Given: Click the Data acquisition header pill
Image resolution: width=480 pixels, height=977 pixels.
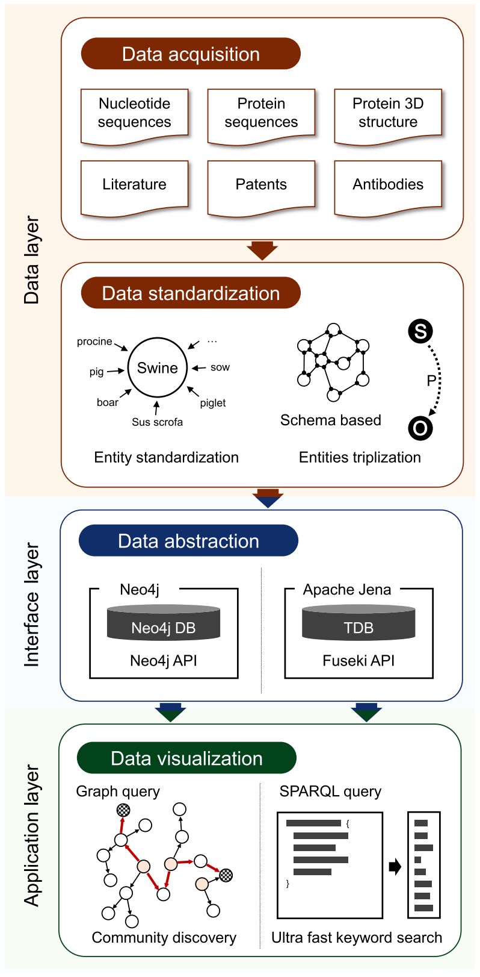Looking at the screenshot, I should [190, 54].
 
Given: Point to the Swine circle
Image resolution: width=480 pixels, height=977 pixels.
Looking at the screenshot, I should [158, 368].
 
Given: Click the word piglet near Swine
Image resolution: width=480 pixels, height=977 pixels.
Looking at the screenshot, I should [213, 403].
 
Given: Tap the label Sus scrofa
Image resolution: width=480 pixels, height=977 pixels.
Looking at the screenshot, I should [157, 422].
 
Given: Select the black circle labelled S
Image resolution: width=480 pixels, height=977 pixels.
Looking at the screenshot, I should [420, 331].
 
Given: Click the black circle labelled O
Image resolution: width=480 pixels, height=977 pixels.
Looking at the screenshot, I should [420, 428].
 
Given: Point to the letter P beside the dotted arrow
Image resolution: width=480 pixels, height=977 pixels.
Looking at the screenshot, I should [431, 381].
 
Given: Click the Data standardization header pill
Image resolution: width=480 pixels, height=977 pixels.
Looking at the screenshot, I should [190, 293].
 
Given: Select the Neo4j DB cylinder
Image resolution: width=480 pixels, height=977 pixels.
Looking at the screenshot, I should [164, 623].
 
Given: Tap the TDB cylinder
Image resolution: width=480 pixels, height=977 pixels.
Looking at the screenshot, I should [358, 623].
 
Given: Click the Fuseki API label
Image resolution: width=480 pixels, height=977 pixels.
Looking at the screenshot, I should [358, 661].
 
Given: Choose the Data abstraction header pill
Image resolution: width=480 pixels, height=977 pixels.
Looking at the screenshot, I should [188, 541].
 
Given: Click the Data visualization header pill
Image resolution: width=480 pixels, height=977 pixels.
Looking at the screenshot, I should [186, 758].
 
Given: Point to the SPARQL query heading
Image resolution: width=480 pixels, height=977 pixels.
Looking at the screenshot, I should [330, 791].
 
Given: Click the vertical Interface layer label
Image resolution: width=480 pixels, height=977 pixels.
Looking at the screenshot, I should [31, 605].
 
